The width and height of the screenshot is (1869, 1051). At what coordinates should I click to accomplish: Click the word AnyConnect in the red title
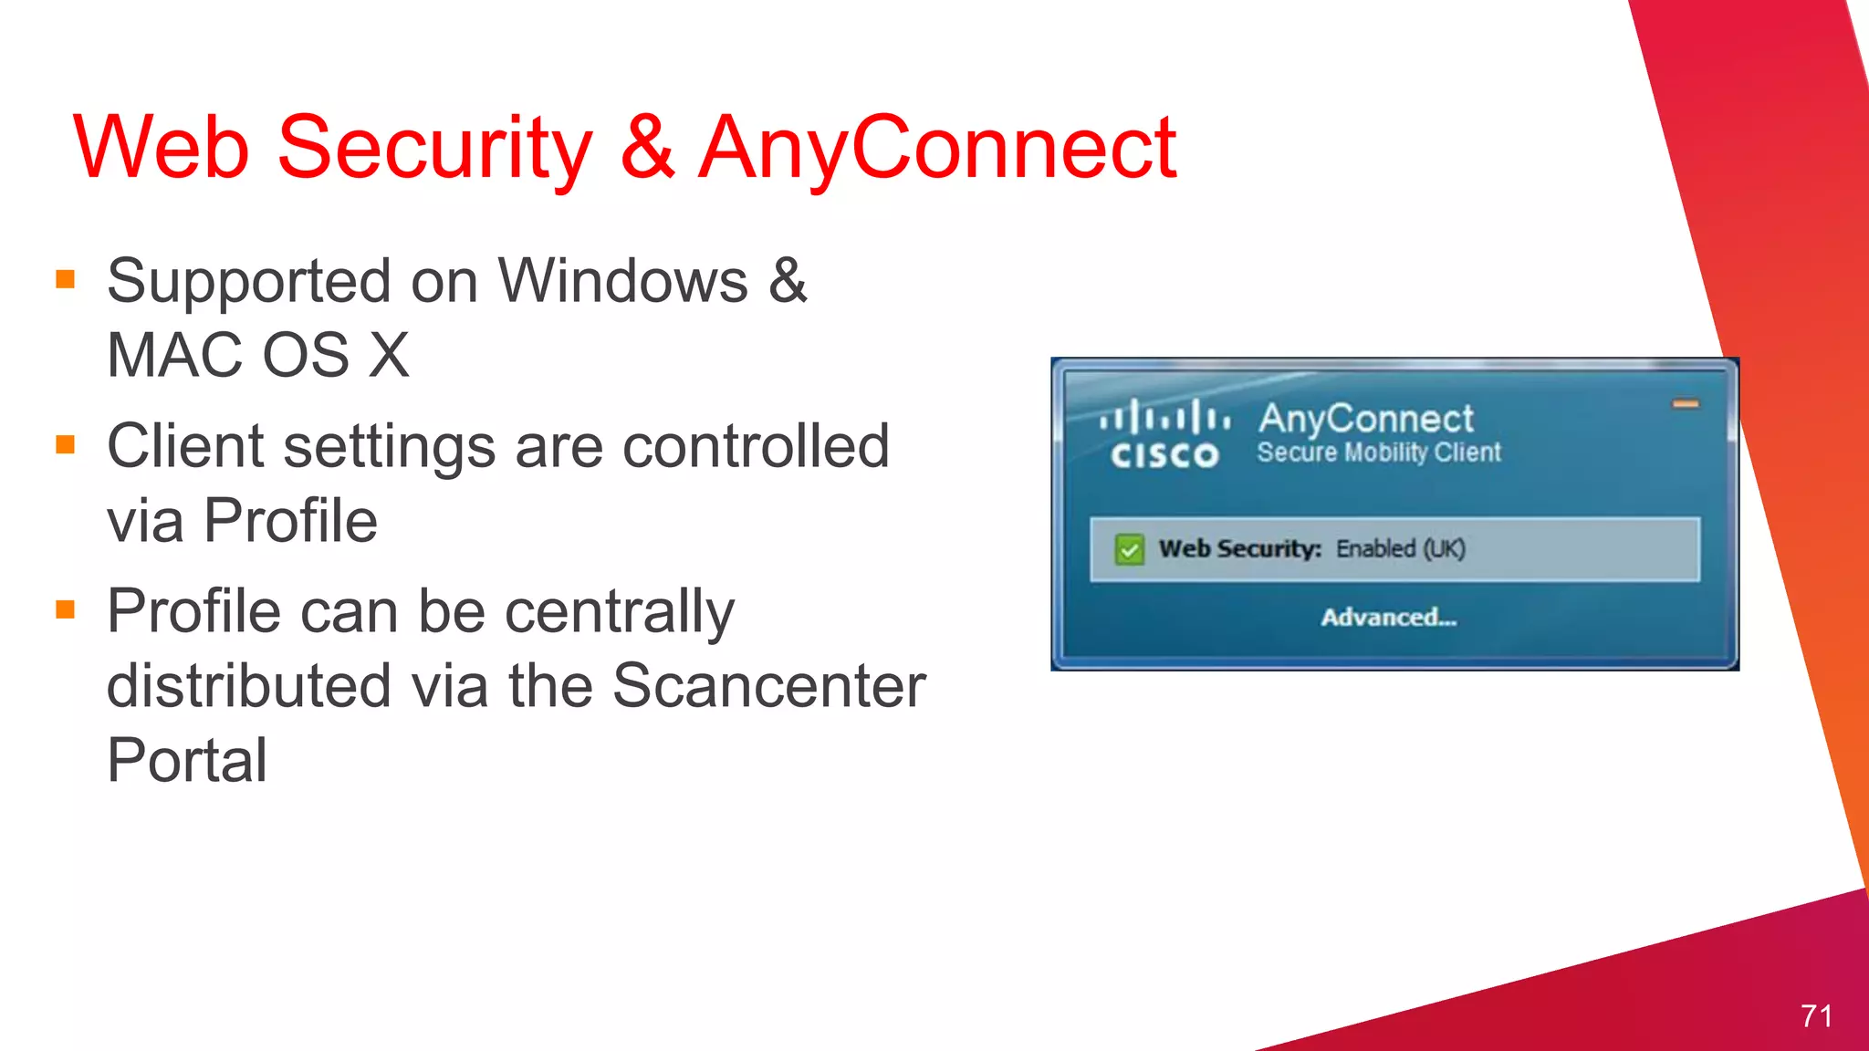(937, 148)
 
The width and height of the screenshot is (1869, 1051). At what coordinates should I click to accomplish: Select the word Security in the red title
(434, 148)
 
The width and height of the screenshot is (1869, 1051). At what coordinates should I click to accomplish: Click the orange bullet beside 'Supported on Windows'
(65, 278)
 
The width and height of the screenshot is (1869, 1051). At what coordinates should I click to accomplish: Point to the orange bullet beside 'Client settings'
(65, 444)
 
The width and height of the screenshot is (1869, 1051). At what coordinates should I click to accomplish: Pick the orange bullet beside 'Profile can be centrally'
(65, 609)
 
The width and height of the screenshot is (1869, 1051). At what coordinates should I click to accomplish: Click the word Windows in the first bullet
(623, 280)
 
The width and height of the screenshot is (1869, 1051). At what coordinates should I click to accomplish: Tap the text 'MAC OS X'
(258, 355)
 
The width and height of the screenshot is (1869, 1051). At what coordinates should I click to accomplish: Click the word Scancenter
(768, 686)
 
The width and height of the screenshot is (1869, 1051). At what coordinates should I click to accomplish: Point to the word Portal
(187, 760)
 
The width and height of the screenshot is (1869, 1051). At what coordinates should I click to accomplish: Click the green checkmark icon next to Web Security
(1129, 549)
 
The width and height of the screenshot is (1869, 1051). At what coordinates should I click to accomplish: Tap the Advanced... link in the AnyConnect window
(1388, 618)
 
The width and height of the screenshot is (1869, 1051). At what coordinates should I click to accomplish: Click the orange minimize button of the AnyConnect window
(1685, 403)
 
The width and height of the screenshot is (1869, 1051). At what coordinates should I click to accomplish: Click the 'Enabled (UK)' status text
(1400, 548)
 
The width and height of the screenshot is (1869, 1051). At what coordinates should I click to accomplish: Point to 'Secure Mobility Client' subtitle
(1378, 453)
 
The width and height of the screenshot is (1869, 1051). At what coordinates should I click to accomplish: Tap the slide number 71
(1815, 1015)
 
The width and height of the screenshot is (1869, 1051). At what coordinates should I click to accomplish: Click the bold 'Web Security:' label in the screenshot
(1239, 548)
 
